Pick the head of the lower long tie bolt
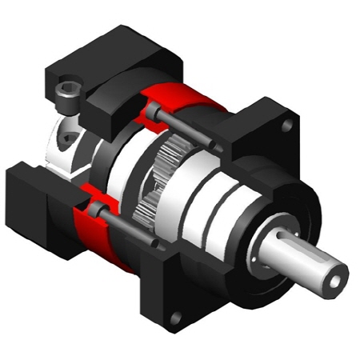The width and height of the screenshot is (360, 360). coord(95,209)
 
